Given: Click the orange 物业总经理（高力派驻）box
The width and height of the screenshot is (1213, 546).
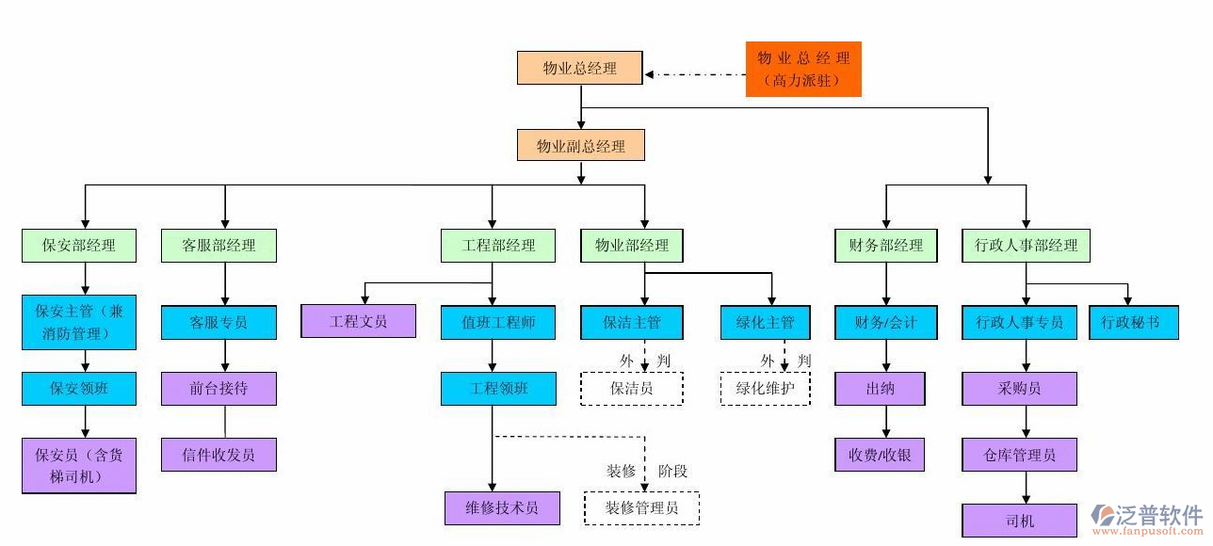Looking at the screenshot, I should coord(803,69).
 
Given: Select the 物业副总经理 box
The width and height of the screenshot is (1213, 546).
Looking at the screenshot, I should coord(581,146).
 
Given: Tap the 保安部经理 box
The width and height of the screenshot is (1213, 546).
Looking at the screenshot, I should coord(79,246).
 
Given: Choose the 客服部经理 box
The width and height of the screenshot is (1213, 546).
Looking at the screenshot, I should coord(218,246).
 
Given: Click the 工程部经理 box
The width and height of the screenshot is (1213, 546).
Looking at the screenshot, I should coord(498,246).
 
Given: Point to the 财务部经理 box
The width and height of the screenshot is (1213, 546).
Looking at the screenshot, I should coord(885,246).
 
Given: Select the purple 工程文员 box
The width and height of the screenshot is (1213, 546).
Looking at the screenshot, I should coord(358,321).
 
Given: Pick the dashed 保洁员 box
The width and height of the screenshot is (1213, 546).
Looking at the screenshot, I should coord(632,388).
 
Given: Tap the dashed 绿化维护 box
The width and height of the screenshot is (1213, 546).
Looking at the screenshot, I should coord(765,388).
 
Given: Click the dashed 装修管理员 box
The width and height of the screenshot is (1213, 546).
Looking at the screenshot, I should coord(641,508).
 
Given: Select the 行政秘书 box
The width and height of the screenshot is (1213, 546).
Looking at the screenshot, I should coord(1130,322).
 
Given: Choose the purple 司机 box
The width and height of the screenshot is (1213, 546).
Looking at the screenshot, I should coord(1019,521).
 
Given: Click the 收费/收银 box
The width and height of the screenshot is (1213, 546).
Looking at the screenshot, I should coord(880,455).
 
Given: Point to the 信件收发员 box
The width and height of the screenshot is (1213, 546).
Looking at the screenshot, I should coord(218,455).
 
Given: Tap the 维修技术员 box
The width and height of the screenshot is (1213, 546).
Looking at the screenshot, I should coord(502,508).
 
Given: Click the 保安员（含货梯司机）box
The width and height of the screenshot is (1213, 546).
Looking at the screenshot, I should coord(79,465).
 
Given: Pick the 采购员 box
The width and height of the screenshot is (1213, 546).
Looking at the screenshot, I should coord(1019,388).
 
